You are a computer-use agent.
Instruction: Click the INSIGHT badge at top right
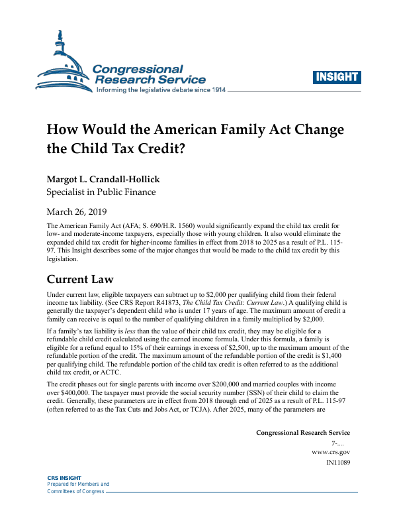(x=337, y=77)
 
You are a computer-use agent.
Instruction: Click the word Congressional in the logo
(x=138, y=69)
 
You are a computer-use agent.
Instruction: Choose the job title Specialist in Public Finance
(x=101, y=193)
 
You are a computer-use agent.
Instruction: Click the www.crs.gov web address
(x=330, y=452)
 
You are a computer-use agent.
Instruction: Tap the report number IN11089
(x=338, y=463)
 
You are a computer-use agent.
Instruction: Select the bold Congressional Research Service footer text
(x=303, y=432)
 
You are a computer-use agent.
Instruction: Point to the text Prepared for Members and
(x=78, y=485)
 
